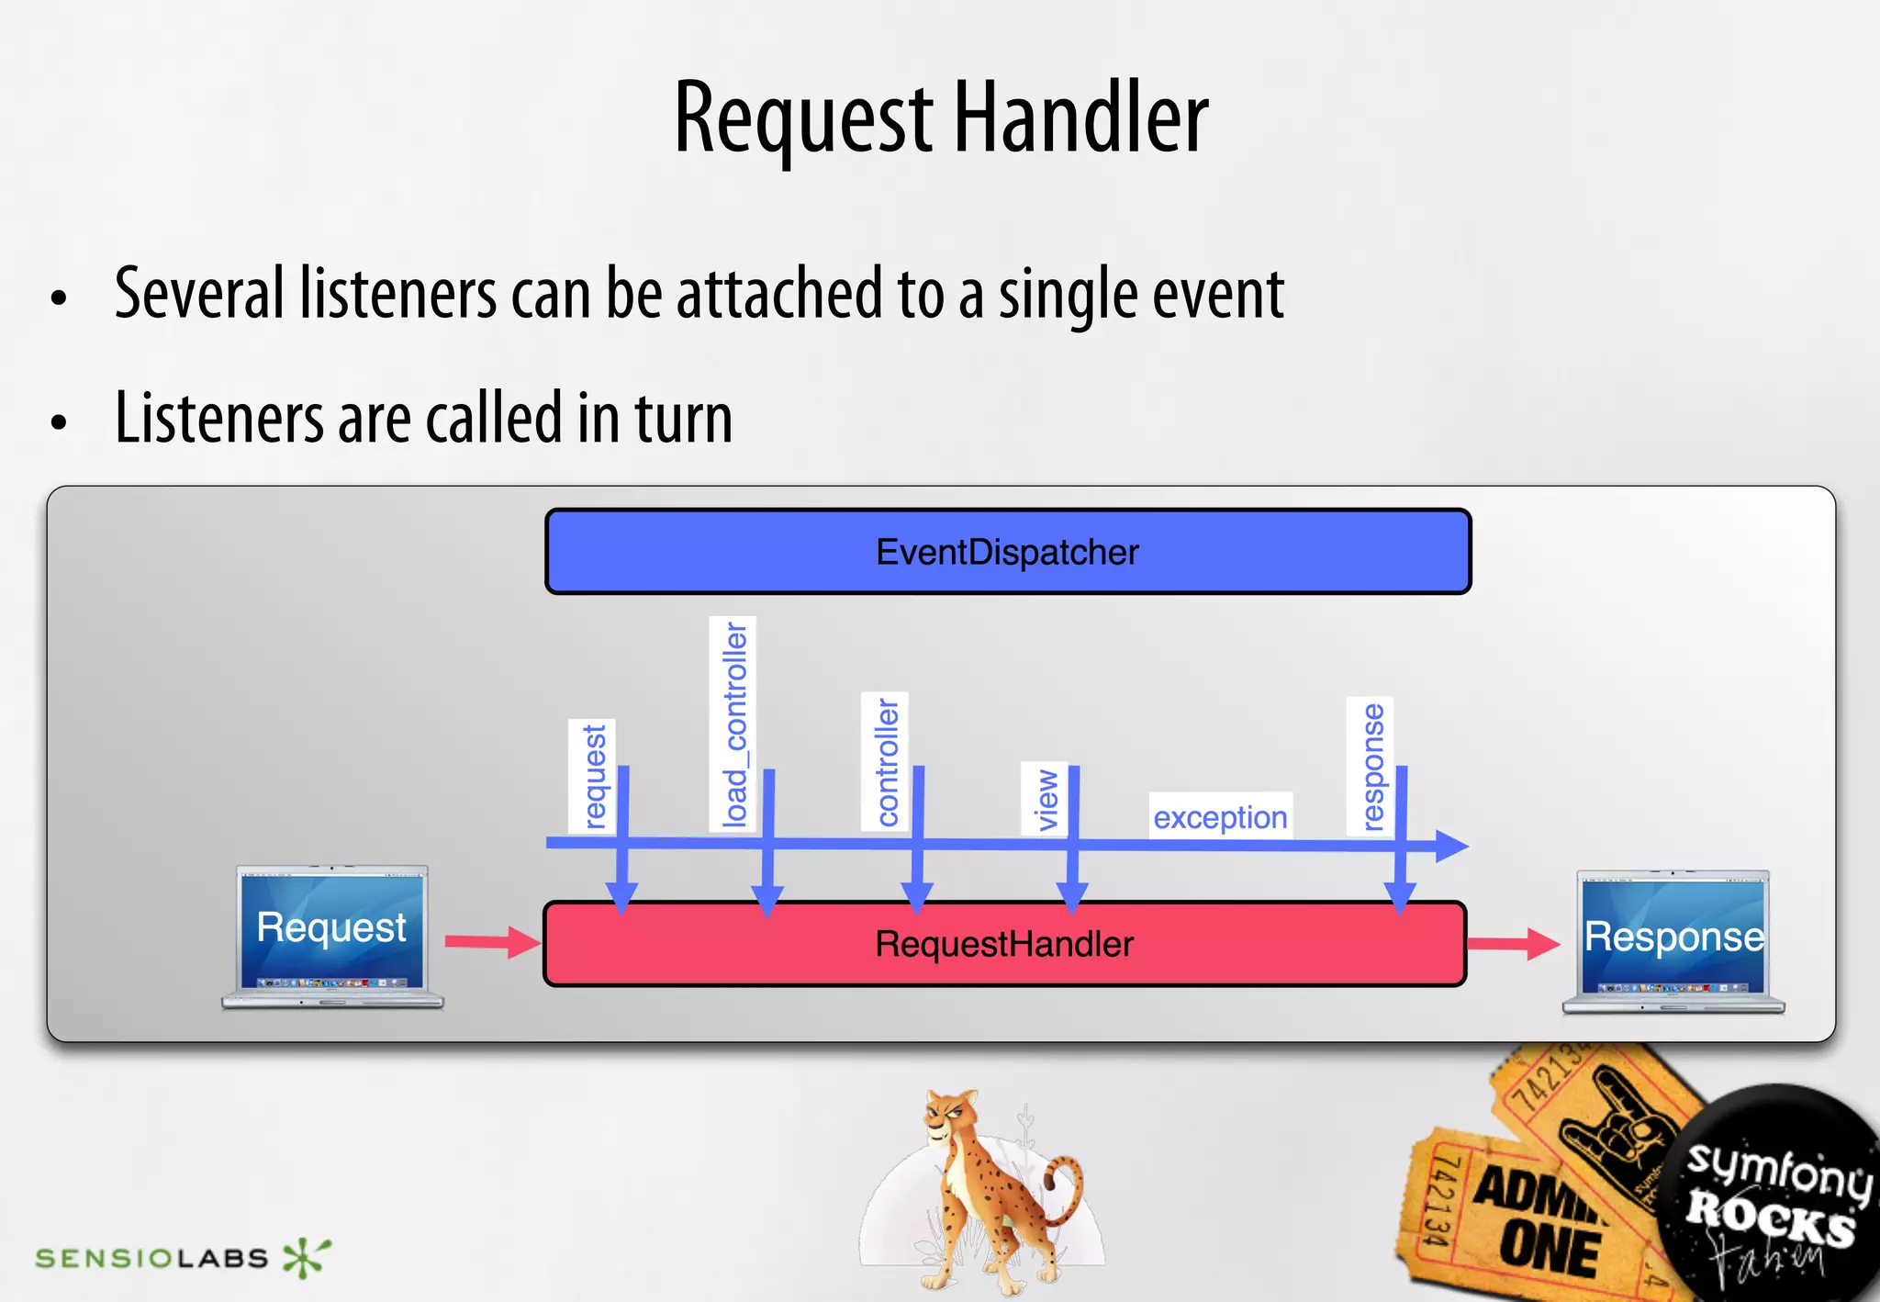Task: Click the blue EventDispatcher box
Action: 1007,552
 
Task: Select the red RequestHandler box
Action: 1004,945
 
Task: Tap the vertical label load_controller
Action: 733,724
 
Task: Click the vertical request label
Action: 594,776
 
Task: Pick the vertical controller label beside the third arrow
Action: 886,761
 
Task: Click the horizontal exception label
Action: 1220,816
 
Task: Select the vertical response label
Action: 1371,767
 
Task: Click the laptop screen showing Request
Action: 331,927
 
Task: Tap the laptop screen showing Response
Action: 1673,937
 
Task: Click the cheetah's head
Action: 949,1115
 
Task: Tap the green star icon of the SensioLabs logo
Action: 305,1256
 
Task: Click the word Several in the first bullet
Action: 199,294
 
